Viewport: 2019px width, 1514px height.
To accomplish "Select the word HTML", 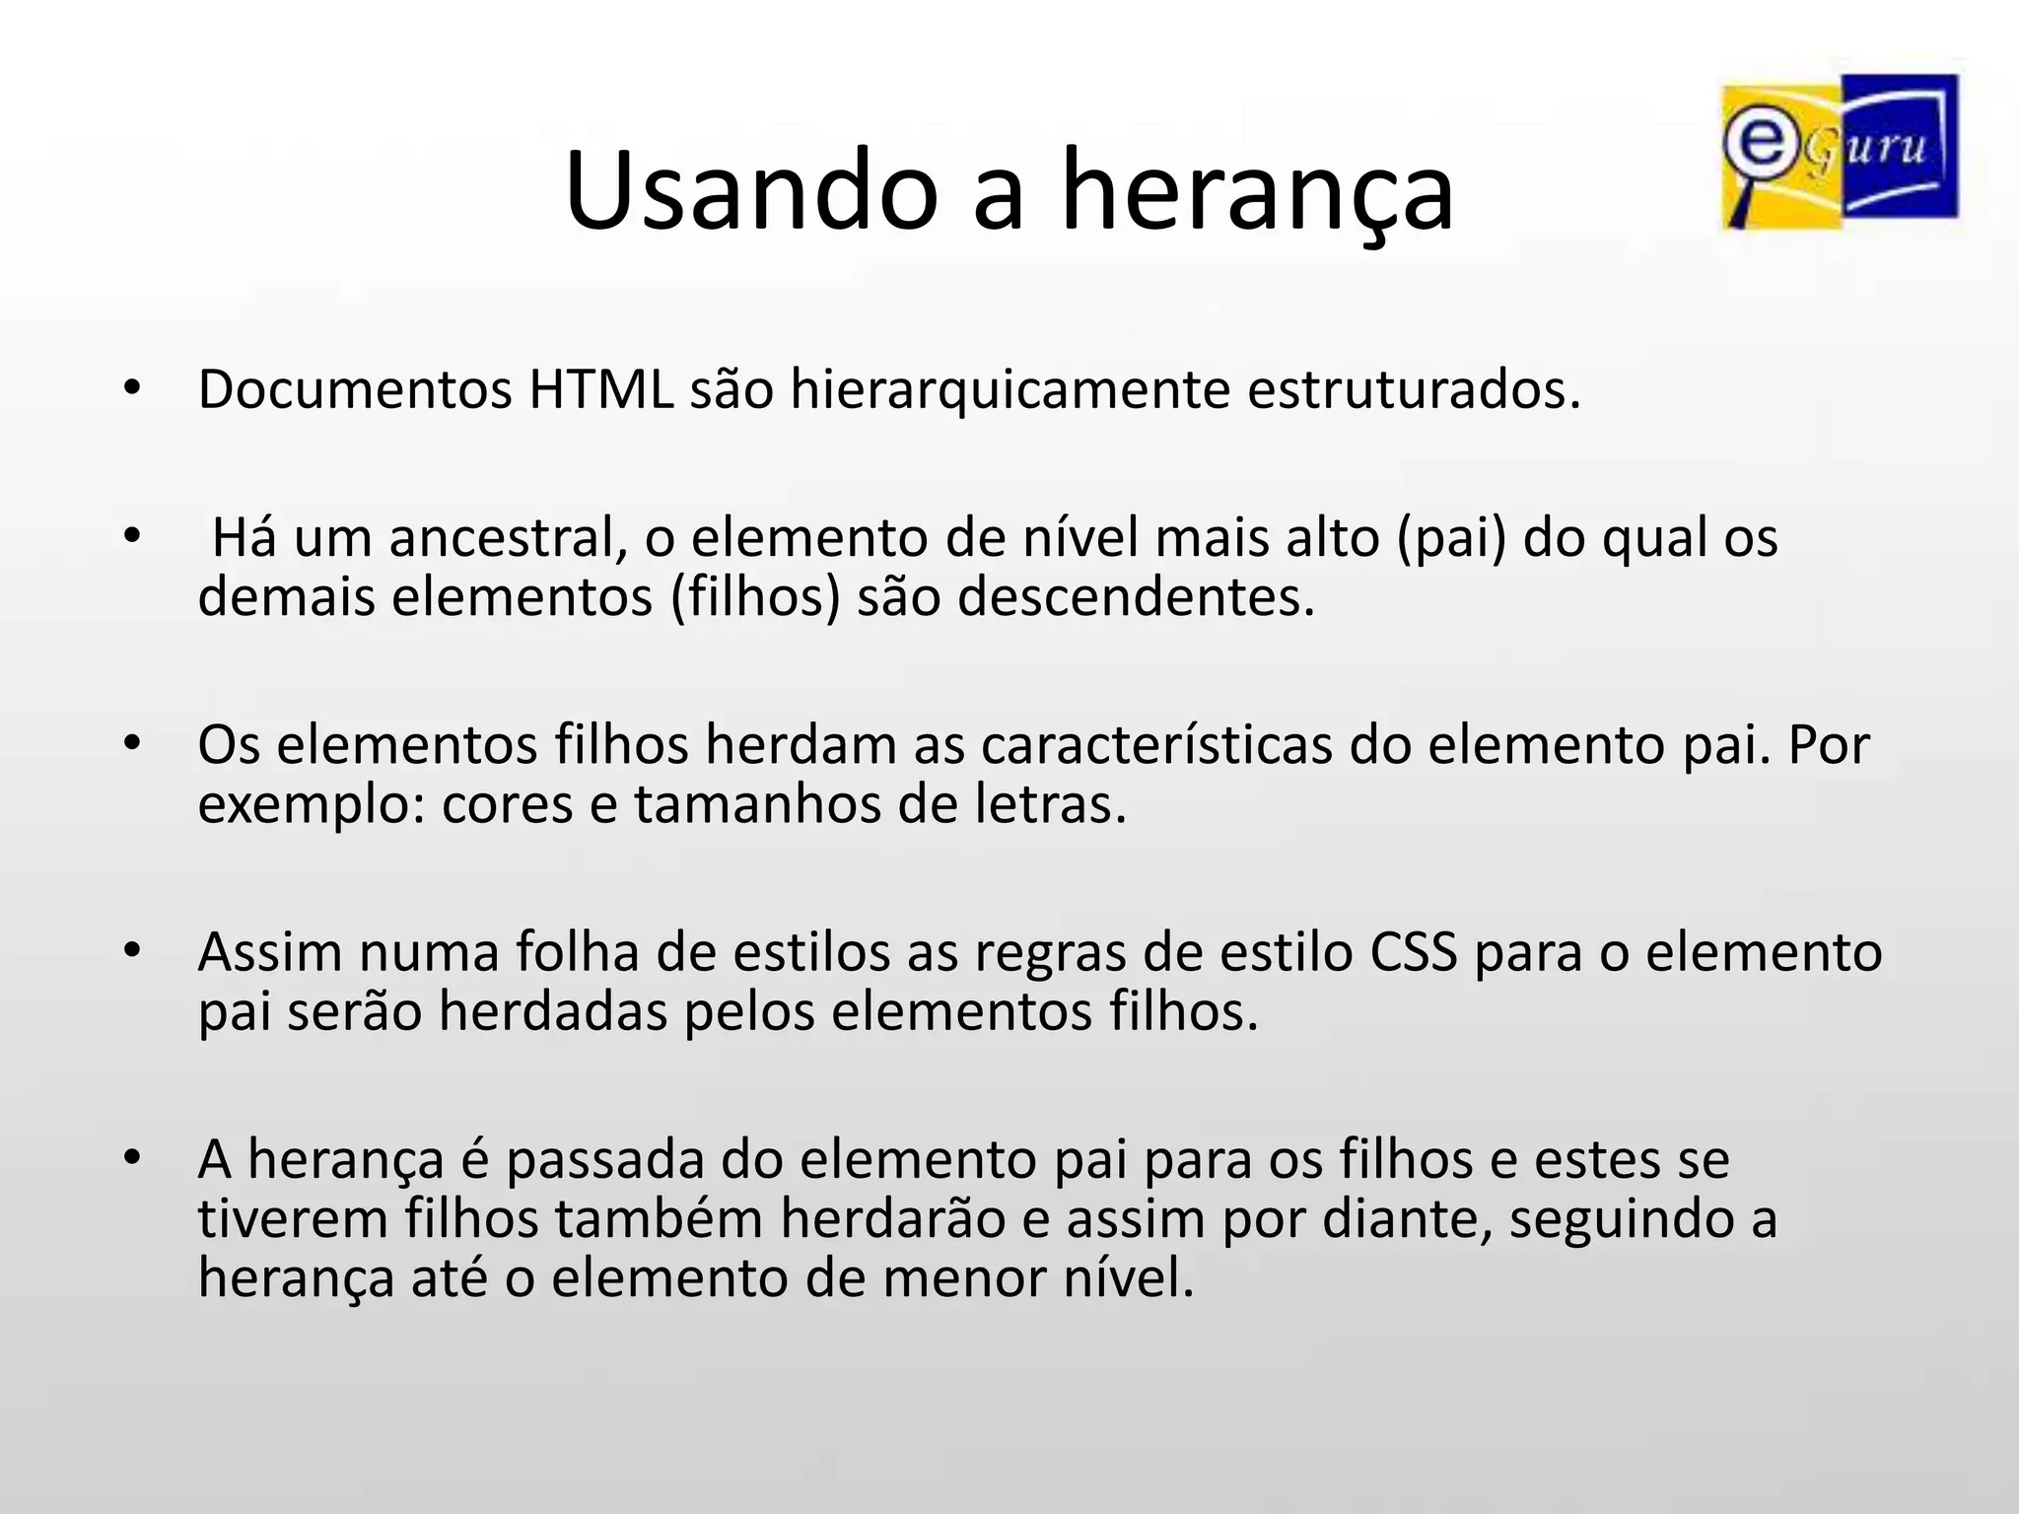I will coord(601,389).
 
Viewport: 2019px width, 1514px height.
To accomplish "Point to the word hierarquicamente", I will coord(1009,389).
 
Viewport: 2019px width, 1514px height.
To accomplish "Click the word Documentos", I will coord(355,389).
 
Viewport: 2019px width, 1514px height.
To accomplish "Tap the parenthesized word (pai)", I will coord(1451,538).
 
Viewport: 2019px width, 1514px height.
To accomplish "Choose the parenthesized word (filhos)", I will coord(755,597).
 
